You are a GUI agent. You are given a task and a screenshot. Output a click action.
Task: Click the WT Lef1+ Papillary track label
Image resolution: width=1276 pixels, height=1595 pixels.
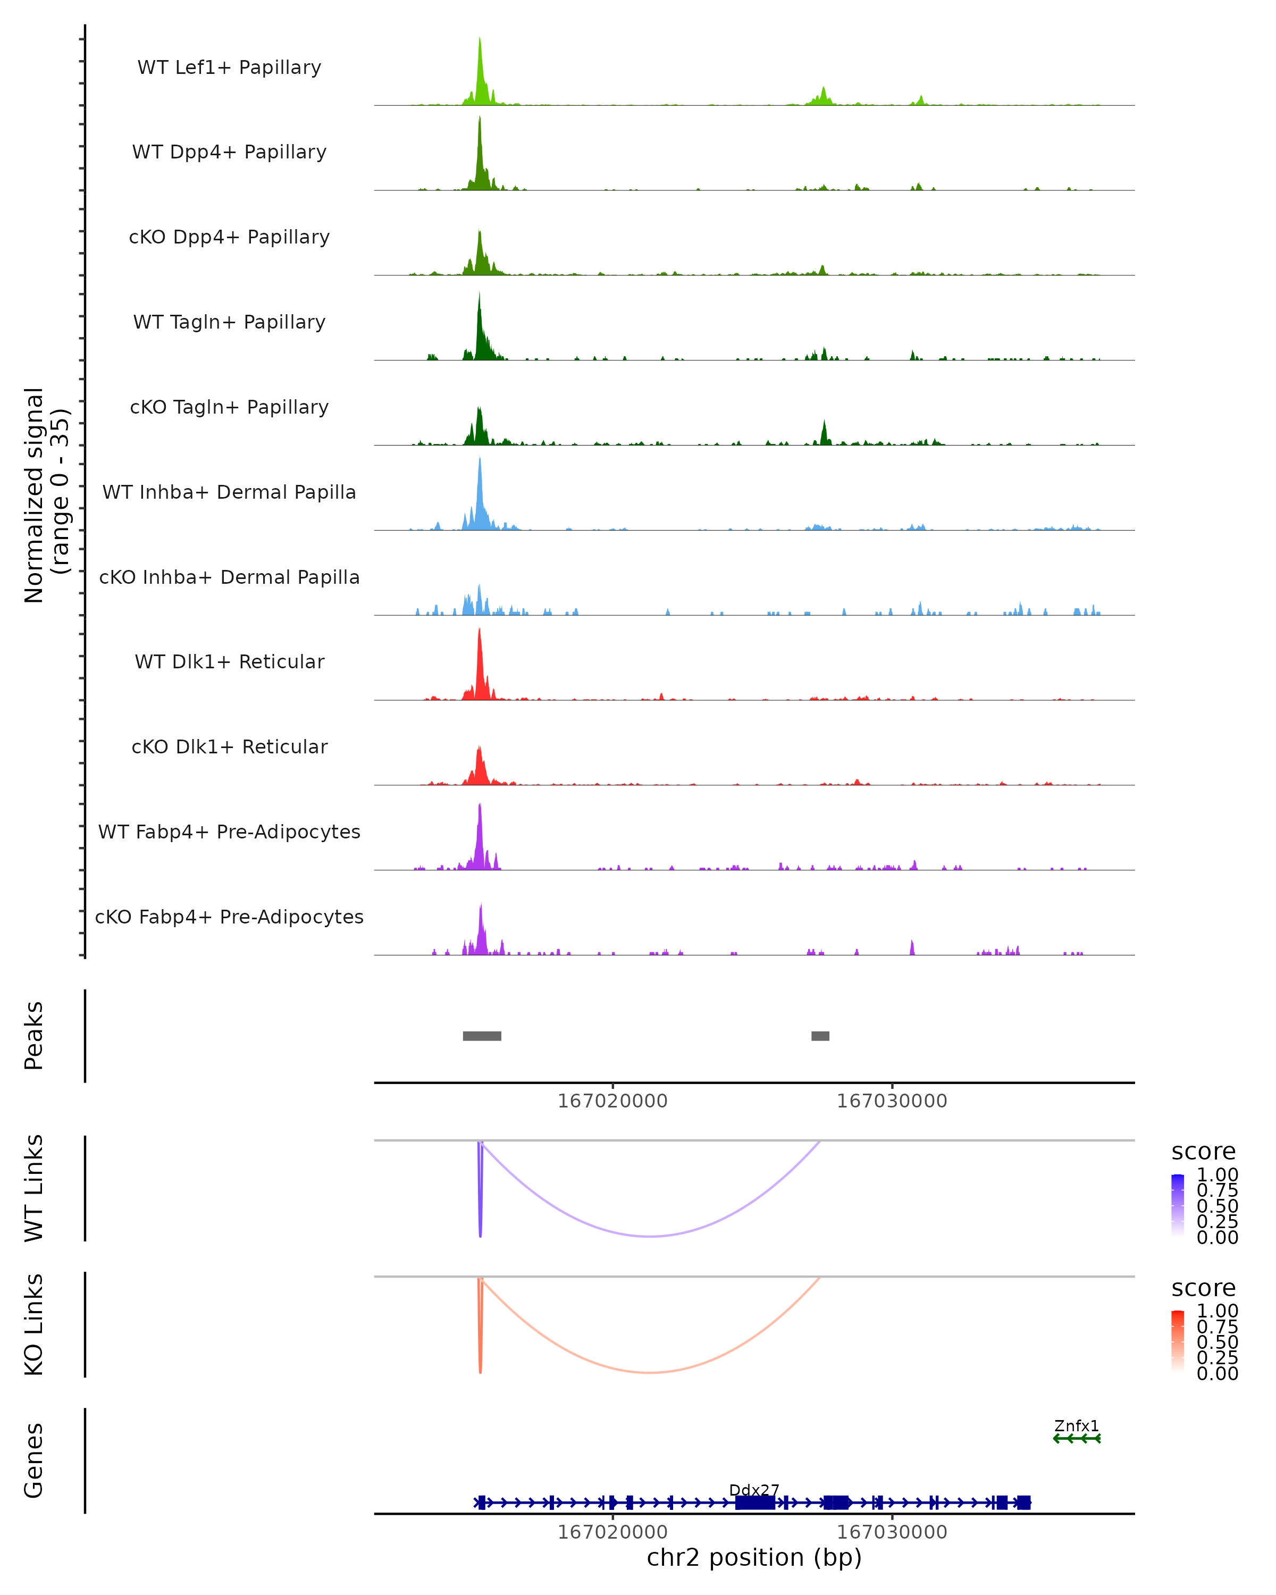pos(229,68)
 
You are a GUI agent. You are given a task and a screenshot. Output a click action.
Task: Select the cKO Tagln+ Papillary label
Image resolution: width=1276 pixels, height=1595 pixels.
pos(229,407)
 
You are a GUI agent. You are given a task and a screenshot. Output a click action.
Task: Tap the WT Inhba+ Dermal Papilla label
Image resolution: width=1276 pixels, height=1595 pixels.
pos(229,492)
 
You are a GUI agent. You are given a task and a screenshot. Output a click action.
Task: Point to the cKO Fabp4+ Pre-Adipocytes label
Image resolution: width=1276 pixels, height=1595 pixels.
pos(229,917)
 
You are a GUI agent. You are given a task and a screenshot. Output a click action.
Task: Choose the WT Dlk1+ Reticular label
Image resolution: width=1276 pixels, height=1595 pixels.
pos(229,661)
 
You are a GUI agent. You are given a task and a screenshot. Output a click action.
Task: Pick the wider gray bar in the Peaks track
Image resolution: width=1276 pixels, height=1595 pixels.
pos(482,1036)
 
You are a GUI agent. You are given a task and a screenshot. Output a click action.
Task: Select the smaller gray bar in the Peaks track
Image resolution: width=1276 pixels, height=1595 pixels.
pos(820,1036)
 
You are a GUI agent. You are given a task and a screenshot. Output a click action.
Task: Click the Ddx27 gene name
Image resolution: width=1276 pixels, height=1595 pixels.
pos(754,1490)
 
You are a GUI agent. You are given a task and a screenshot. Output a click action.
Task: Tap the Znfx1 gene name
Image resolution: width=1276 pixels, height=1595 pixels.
pos(1076,1425)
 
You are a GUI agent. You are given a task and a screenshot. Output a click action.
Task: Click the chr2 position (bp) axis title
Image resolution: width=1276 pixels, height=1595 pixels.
pos(754,1557)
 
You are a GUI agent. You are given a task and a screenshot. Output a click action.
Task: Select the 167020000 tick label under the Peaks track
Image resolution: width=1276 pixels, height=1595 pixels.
pos(612,1101)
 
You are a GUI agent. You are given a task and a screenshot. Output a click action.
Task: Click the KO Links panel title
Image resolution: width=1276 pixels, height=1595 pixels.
pos(34,1324)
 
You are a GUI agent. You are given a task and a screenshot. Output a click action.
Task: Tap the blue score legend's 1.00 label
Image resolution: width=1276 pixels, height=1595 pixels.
pos(1218,1175)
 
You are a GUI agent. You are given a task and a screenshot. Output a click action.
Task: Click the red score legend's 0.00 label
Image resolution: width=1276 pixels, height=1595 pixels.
pos(1218,1373)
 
